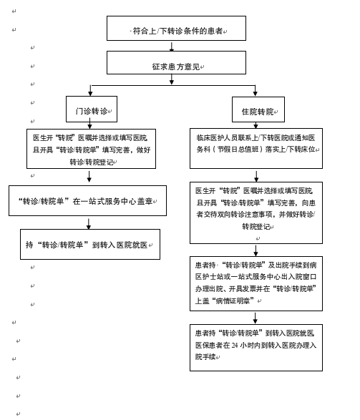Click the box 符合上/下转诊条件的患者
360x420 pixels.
176,28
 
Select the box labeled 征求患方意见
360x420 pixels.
176,63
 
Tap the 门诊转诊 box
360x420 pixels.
92,109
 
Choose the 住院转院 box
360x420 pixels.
258,109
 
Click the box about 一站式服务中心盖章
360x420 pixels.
87,200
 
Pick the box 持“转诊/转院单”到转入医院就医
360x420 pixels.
90,244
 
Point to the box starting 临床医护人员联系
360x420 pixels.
256,148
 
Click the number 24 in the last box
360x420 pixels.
235,346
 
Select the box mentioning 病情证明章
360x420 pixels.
256,283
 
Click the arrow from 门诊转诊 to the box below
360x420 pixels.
90,125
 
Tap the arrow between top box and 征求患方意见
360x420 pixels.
172,46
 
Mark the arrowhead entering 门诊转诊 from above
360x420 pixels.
90,93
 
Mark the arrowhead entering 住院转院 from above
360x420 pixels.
256,94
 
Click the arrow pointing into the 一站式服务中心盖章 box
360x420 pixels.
89,177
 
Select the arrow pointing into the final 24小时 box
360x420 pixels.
256,318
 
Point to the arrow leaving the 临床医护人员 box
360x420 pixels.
256,176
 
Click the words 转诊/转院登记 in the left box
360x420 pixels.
92,162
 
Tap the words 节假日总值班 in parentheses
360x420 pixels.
238,150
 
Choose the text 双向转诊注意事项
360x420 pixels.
239,215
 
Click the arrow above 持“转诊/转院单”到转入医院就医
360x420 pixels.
89,224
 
